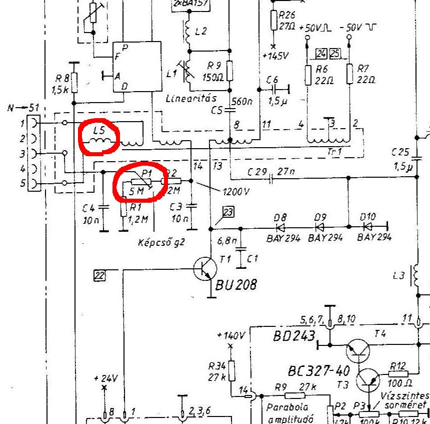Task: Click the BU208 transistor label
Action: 236,285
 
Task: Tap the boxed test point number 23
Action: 228,212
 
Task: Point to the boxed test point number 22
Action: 99,274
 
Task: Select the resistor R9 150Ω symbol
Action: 229,71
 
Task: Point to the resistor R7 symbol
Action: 349,74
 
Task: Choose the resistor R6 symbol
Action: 308,74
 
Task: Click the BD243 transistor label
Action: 294,335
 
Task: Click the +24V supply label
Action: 105,378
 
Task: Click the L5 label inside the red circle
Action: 98,131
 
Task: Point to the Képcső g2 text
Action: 161,243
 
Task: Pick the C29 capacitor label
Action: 257,172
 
